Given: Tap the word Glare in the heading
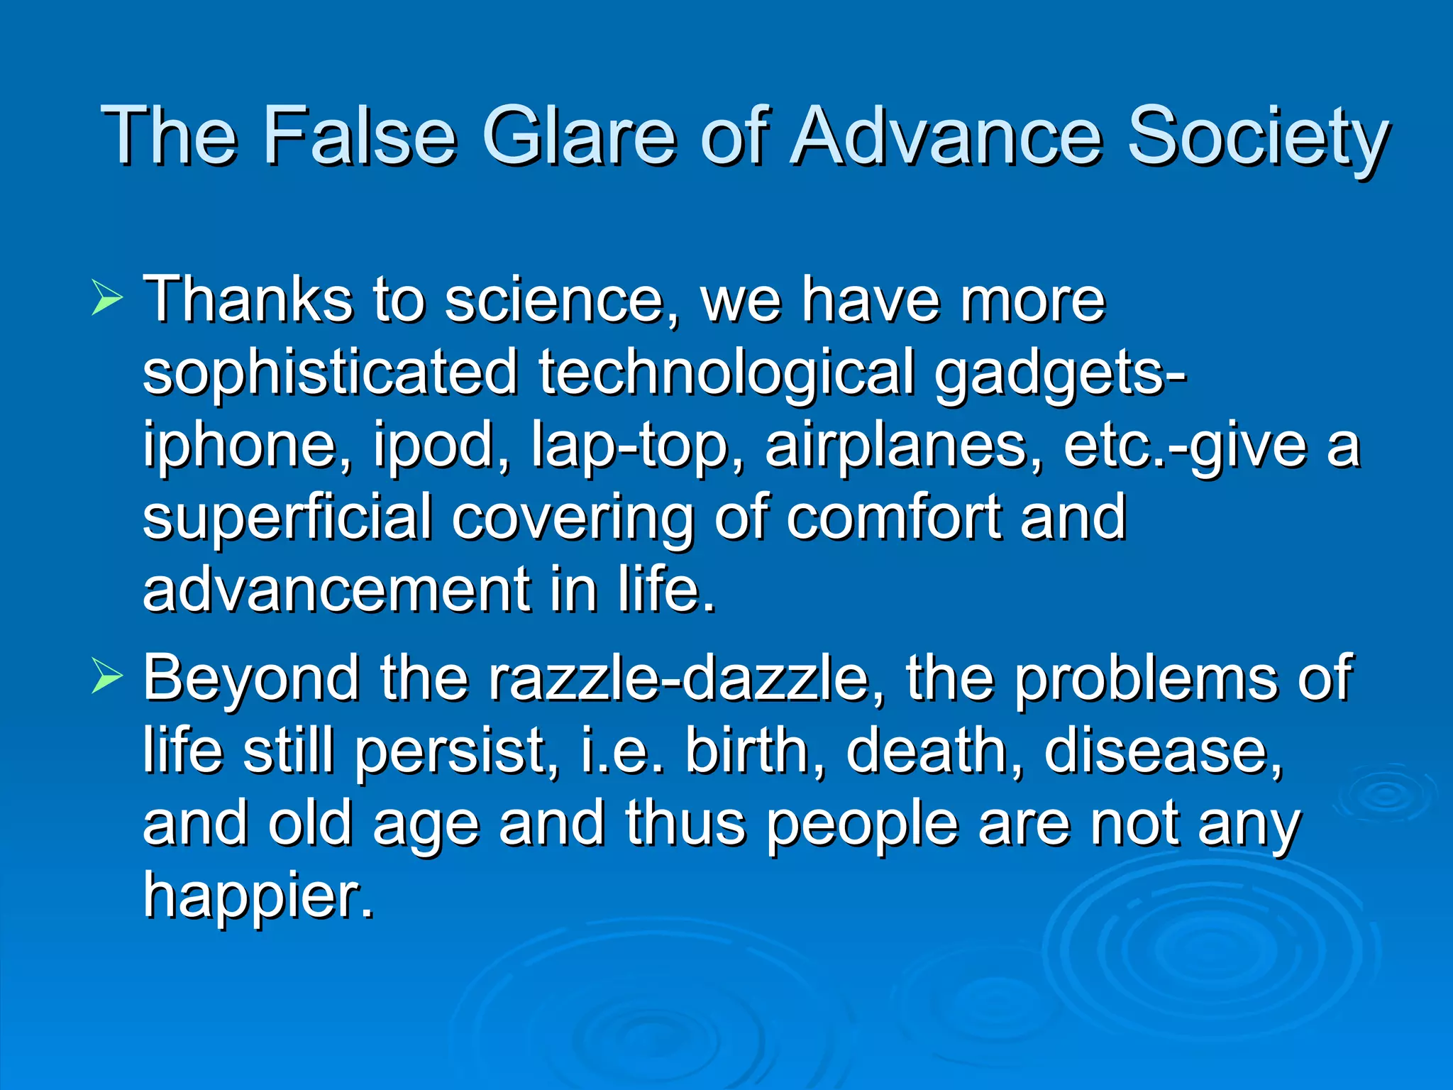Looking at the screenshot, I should click(x=578, y=135).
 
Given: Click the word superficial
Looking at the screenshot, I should click(x=287, y=519).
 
